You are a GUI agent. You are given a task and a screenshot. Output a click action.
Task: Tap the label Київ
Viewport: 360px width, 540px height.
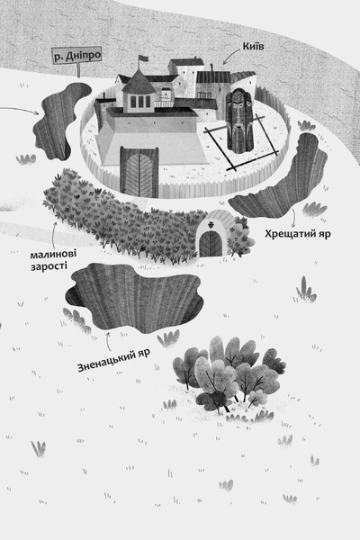pos(254,46)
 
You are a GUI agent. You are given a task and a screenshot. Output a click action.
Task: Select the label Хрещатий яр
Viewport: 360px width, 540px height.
pos(298,234)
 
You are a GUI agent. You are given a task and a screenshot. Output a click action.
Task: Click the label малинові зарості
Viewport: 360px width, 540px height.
pos(53,260)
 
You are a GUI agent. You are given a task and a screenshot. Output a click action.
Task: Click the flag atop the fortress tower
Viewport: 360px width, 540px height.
pos(142,58)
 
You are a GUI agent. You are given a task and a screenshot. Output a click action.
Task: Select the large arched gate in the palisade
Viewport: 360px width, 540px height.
pos(139,172)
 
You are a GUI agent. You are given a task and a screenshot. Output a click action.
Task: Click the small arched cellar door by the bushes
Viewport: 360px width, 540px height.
pos(211,244)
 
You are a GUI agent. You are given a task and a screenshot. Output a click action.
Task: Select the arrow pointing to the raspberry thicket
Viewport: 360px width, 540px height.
pos(53,234)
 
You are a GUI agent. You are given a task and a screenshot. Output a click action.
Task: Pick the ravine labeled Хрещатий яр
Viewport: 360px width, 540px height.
pos(283,179)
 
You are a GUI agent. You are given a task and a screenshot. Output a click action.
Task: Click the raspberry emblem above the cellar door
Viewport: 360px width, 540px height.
pos(210,225)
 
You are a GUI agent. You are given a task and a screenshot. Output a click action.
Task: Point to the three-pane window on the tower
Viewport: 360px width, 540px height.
pos(139,101)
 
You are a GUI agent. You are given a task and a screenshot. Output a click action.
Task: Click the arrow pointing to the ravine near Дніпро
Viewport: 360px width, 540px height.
pos(20,110)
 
